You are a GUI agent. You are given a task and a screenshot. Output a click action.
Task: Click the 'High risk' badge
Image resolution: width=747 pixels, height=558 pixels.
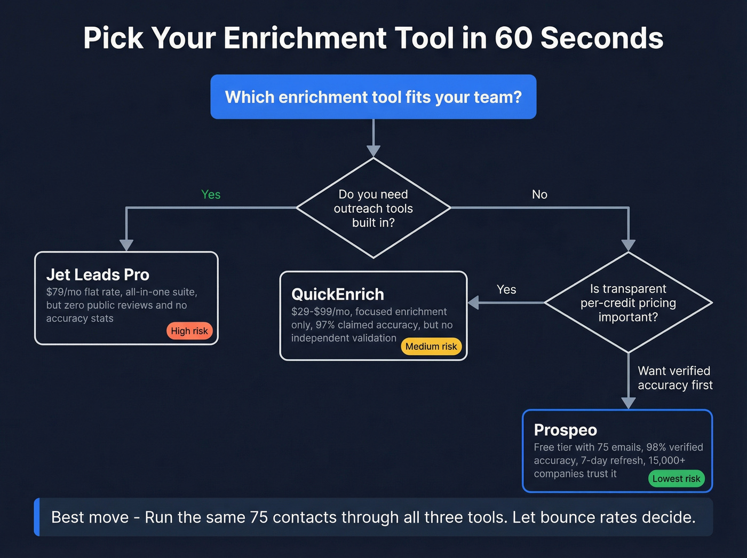[x=189, y=331]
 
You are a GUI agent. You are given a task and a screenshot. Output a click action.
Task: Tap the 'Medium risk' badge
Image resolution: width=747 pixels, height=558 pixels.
[x=431, y=347]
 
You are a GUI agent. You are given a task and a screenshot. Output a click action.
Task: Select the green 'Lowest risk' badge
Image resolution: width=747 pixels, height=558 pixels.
[x=676, y=479]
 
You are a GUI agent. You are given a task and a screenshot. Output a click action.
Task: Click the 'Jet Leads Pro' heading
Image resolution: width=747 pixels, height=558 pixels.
[x=98, y=274]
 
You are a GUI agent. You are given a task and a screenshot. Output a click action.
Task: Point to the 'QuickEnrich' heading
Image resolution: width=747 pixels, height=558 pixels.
[x=337, y=294]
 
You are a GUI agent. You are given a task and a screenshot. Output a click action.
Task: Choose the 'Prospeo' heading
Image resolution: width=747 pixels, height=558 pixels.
[x=565, y=430]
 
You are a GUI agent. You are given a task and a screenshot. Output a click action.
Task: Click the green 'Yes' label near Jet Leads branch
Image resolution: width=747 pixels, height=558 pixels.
[x=211, y=194]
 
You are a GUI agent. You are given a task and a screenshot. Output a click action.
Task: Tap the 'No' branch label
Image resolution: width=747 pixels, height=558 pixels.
[x=539, y=194]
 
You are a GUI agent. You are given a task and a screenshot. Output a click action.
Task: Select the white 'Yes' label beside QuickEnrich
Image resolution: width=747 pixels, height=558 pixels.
[x=506, y=289]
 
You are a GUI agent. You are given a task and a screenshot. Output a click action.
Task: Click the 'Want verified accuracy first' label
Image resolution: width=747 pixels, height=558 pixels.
[x=675, y=378]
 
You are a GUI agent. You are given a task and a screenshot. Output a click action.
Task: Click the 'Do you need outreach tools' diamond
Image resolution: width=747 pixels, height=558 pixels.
[x=373, y=208]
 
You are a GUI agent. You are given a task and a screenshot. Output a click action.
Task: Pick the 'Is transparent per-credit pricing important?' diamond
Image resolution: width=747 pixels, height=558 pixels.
[x=628, y=303]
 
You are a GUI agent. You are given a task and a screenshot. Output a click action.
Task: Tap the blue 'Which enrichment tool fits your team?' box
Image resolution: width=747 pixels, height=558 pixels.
[x=373, y=97]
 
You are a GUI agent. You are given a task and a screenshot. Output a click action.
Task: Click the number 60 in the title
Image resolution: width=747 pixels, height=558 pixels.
[x=513, y=38]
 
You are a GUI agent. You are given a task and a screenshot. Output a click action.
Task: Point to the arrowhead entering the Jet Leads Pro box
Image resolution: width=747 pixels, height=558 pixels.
[x=126, y=245]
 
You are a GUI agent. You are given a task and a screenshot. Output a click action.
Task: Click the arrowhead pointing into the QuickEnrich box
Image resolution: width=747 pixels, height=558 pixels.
[x=473, y=303]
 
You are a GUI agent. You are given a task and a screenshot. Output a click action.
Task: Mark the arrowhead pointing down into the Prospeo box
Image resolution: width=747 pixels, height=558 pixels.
[x=629, y=403]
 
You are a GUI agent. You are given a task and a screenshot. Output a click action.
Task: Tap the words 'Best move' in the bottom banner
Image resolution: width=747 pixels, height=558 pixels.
[x=90, y=517]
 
